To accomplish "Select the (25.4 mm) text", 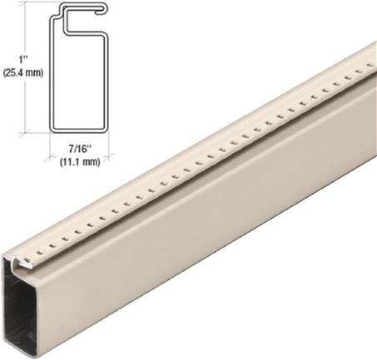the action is click(x=23, y=72).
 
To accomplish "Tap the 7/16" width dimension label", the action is click(x=80, y=149).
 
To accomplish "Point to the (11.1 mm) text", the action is click(x=80, y=161).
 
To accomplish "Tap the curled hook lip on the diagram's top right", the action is click(x=102, y=8).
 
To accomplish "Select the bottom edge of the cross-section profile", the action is click(x=79, y=131).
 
